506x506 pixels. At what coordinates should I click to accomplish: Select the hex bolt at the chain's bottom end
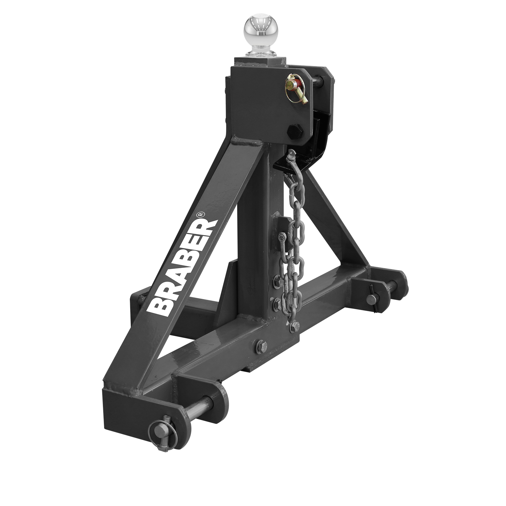point(294,326)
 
